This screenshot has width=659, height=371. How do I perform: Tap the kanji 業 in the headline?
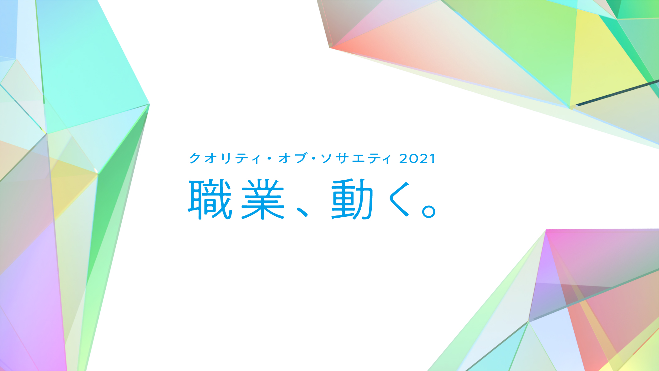(x=263, y=199)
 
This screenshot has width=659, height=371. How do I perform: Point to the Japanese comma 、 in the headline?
(x=303, y=212)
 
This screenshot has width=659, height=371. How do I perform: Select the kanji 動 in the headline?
(x=352, y=199)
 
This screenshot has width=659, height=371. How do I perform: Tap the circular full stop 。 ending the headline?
(x=429, y=211)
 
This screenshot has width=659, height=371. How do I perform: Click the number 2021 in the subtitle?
(x=417, y=159)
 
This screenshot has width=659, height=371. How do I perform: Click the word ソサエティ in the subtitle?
(x=356, y=158)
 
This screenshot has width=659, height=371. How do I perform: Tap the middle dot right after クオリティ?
(x=269, y=159)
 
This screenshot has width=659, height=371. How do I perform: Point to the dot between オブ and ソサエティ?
(x=314, y=159)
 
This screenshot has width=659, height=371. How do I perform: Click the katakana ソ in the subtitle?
(x=326, y=158)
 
